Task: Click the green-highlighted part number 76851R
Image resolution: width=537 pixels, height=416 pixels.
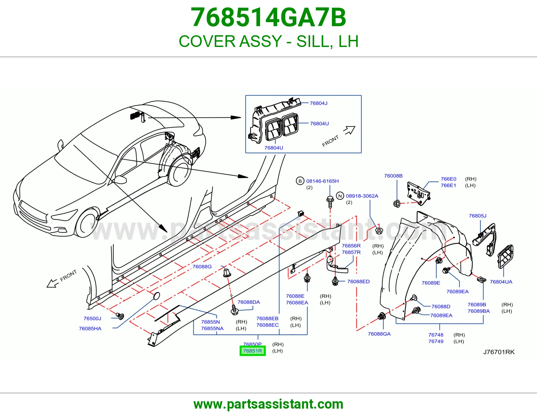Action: pos(253,351)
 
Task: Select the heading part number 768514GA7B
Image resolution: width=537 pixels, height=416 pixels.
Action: pos(268,17)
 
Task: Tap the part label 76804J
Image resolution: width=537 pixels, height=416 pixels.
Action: pos(319,103)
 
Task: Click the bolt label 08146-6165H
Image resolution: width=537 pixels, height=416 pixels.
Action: pos(323,181)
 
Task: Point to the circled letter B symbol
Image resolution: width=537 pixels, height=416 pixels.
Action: pos(300,181)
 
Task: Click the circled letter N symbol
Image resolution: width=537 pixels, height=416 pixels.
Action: pos(340,196)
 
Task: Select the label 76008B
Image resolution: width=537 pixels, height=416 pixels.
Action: pos(393,176)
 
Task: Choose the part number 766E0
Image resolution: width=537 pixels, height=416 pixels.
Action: pos(448,179)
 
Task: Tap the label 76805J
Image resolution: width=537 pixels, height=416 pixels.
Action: pos(478,216)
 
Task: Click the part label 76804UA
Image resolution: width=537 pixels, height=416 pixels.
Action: pos(501,282)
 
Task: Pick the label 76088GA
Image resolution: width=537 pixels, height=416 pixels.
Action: pos(379,334)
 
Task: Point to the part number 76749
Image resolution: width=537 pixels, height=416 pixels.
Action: pos(436,342)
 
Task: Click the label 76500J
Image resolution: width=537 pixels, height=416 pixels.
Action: pos(92,318)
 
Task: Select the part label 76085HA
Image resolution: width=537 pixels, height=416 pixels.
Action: pos(90,328)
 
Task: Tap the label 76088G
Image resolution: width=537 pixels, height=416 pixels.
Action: pos(202,267)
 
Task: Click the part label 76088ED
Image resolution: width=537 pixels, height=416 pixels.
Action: pos(358,281)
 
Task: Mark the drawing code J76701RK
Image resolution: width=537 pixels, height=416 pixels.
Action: pos(499,352)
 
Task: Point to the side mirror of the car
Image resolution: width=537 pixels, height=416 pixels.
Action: pos(120,179)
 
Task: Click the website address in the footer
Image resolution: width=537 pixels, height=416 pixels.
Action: pos(268,404)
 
